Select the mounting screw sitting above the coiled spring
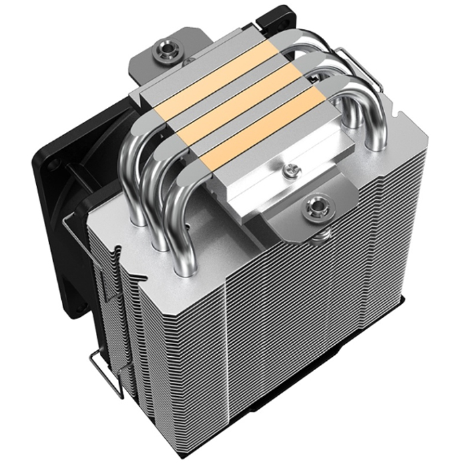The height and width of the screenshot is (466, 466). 312,208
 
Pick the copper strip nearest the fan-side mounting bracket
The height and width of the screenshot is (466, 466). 200,83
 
